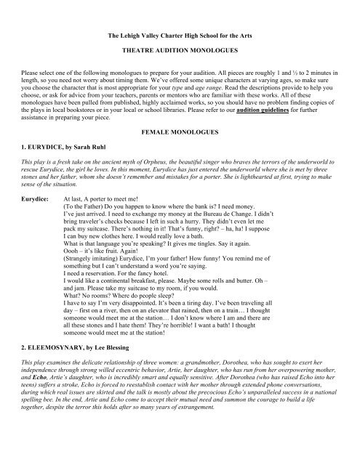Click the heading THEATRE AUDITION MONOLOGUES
[x=180, y=53]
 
